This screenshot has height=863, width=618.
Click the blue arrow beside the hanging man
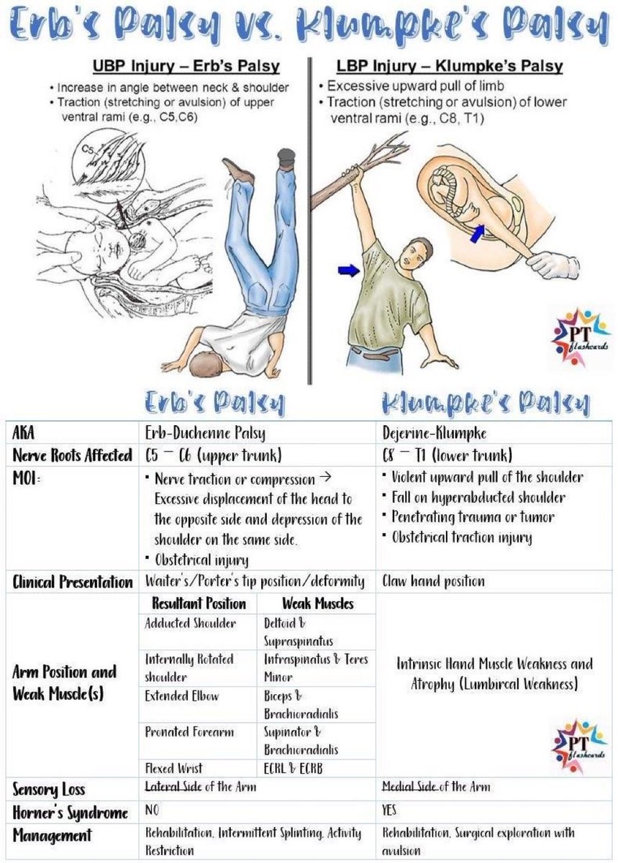tap(347, 270)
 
